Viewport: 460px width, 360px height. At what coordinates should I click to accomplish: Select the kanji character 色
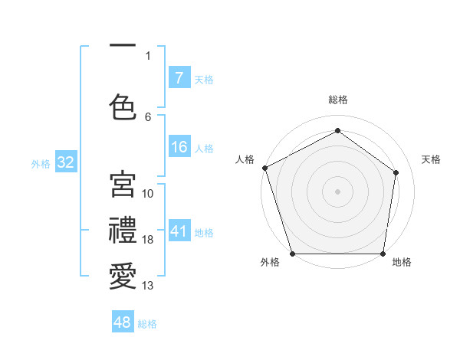[123, 106]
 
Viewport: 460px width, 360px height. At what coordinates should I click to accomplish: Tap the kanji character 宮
[123, 185]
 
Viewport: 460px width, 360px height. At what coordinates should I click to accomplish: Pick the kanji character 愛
[123, 275]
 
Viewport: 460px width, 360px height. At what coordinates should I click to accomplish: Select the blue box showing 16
[179, 148]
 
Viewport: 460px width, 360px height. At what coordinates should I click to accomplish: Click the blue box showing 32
[64, 163]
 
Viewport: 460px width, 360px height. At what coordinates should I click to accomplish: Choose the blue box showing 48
[123, 323]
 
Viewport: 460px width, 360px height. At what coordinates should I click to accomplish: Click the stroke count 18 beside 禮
[148, 241]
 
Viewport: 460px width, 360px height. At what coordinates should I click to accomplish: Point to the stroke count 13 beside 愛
[148, 286]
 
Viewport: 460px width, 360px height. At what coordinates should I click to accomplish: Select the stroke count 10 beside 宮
[148, 194]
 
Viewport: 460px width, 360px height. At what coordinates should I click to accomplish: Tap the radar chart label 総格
[338, 100]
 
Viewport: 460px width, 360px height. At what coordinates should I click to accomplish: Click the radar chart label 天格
[432, 159]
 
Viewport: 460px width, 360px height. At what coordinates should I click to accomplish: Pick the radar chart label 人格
[245, 159]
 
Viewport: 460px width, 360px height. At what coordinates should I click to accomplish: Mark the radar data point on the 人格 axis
[264, 168]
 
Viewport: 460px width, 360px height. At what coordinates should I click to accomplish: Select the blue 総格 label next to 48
[148, 324]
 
